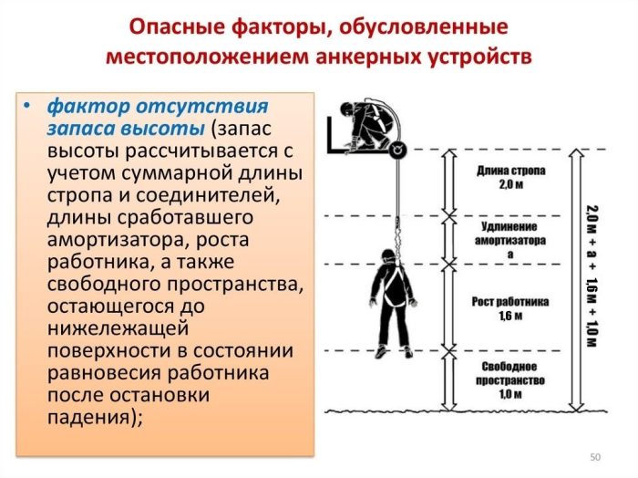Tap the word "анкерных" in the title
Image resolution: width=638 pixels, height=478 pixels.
(x=369, y=57)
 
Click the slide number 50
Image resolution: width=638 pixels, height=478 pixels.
(x=595, y=457)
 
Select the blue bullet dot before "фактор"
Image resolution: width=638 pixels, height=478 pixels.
(x=26, y=106)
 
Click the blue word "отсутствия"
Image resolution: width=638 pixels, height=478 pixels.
(x=201, y=107)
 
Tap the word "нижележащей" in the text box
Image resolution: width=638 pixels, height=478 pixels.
(x=118, y=328)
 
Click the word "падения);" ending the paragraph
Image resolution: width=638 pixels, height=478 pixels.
(x=95, y=417)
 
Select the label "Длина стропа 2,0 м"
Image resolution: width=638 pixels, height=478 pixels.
(x=510, y=178)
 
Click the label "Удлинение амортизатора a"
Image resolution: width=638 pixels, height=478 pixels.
(x=510, y=240)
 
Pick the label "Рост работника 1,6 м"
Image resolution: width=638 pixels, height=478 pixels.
(x=510, y=308)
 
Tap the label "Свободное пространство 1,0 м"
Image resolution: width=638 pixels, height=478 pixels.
(x=510, y=380)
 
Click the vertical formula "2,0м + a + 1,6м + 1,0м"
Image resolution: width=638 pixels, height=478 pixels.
(x=592, y=276)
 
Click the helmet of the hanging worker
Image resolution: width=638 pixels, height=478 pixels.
(x=387, y=255)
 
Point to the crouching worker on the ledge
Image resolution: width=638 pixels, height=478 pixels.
(x=366, y=126)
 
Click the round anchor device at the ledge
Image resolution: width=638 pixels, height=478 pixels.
(x=397, y=150)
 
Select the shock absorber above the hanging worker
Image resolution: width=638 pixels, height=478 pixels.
(x=397, y=235)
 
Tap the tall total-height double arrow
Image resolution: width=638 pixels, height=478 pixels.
(x=577, y=280)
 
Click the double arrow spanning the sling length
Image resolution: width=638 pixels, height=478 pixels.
(x=449, y=182)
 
